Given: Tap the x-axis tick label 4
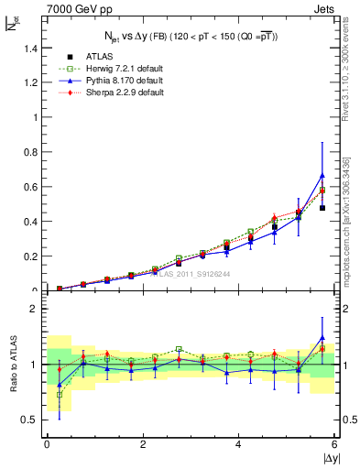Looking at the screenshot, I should [x=239, y=444].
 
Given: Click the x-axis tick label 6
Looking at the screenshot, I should [x=334, y=444].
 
